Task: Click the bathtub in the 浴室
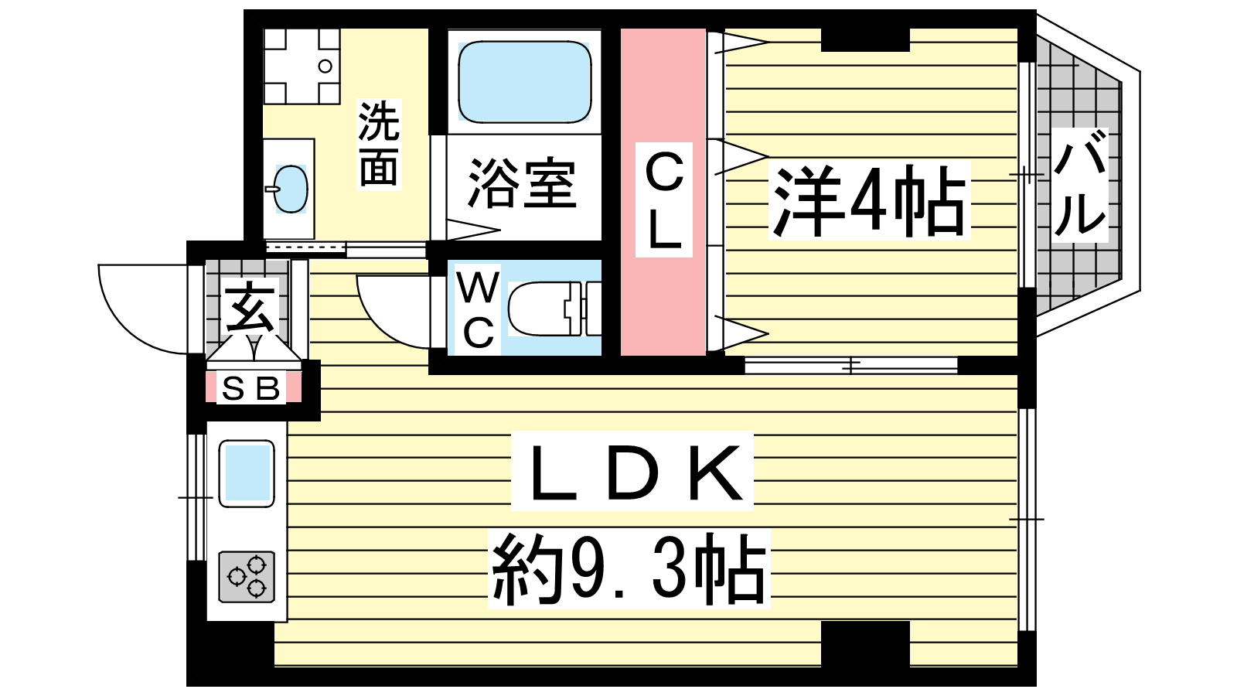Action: click(525, 82)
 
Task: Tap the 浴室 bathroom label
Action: click(523, 183)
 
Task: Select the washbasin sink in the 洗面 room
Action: click(290, 189)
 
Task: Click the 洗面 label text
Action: click(379, 144)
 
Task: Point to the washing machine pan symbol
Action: click(302, 67)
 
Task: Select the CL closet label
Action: click(664, 200)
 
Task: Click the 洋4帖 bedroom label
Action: click(869, 200)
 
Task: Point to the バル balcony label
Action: click(1079, 186)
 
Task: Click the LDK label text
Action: click(633, 471)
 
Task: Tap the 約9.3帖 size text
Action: click(629, 569)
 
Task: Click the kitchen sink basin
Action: click(247, 473)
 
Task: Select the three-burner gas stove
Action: click(247, 577)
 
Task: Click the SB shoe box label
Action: click(251, 388)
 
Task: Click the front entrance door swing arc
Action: click(123, 326)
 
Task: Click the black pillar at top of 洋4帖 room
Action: click(865, 39)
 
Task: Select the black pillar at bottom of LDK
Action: click(865, 644)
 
